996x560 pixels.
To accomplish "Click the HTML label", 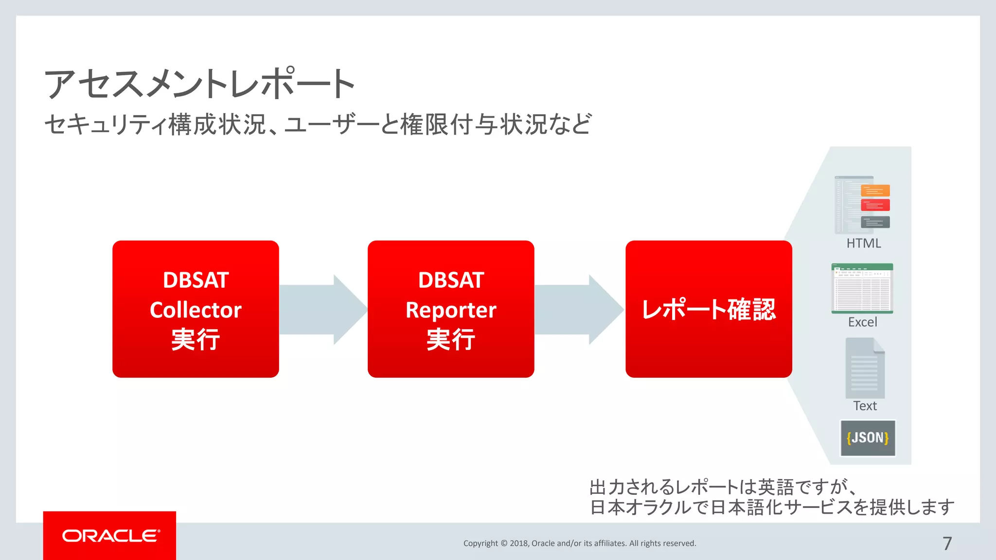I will [864, 244].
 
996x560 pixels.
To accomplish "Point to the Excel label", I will [863, 322].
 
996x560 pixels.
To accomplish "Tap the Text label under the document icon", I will [865, 406].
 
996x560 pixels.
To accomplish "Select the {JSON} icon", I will [868, 438].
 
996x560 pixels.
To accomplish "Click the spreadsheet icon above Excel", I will [862, 288].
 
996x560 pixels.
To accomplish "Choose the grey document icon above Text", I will [865, 368].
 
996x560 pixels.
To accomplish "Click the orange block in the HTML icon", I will [875, 191].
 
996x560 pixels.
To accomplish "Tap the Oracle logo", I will [110, 536].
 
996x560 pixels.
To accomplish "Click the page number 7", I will [947, 543].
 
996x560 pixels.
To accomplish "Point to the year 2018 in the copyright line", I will [519, 543].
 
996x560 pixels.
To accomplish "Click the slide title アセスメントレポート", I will [199, 84].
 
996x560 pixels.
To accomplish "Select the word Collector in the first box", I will [196, 310].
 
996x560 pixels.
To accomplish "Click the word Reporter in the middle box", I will [451, 310].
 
